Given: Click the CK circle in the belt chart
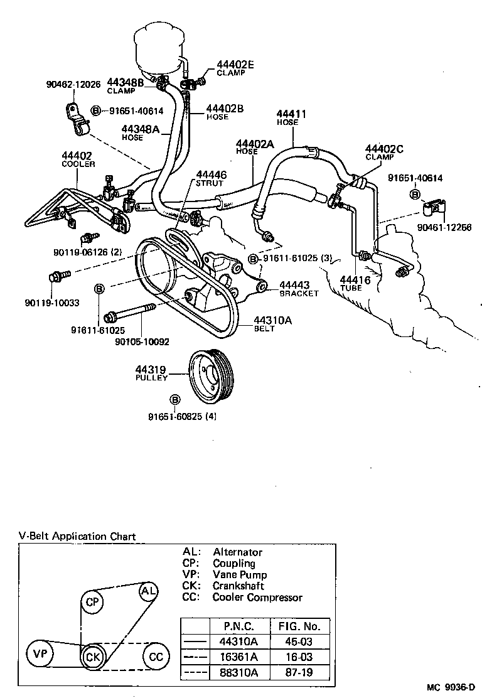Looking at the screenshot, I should (x=92, y=657).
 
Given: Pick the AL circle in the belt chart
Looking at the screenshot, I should (x=149, y=592).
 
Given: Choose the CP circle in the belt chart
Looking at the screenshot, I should (x=93, y=602).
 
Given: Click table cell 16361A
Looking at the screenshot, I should (x=238, y=657).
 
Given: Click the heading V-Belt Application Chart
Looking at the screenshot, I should (x=77, y=536).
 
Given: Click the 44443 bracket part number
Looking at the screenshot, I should (x=294, y=285).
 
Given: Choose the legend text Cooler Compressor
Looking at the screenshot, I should (x=257, y=597).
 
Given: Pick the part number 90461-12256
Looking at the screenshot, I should (x=446, y=227).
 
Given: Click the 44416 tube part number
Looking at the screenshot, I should (x=355, y=280).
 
